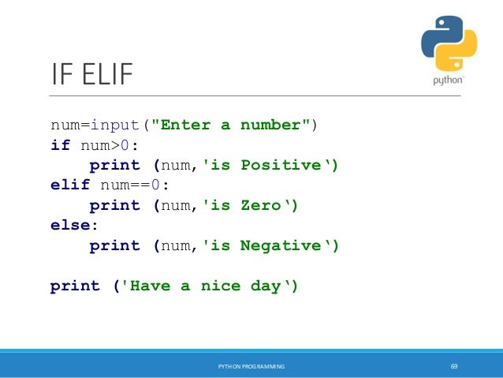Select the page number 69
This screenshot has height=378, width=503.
pos(454,367)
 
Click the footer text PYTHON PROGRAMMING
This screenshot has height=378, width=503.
pos(251,367)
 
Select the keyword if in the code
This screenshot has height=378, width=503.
pos(60,146)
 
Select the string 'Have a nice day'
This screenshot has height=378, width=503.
pos(207,286)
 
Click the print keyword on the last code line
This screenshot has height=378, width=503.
pos(75,286)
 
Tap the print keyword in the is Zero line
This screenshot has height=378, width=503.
pos(114,206)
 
